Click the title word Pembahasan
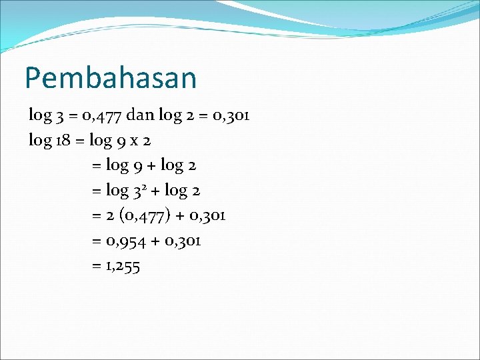coord(111,78)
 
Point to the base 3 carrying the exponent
coord(135,191)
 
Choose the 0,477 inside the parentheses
coord(143,215)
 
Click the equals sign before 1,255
coord(96,266)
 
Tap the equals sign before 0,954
coord(96,241)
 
